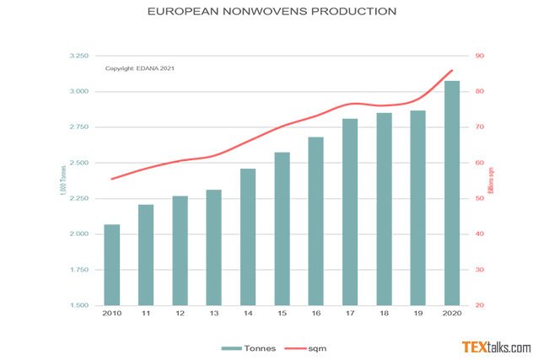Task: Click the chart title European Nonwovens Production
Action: click(x=272, y=13)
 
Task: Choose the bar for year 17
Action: click(x=350, y=212)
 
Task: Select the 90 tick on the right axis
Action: click(x=480, y=56)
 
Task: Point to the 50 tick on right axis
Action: click(x=480, y=198)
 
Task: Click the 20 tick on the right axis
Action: click(x=480, y=305)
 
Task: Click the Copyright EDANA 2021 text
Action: click(x=140, y=68)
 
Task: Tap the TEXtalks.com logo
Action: click(x=496, y=346)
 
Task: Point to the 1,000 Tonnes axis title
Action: click(x=63, y=180)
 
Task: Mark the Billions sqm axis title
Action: click(x=492, y=180)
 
